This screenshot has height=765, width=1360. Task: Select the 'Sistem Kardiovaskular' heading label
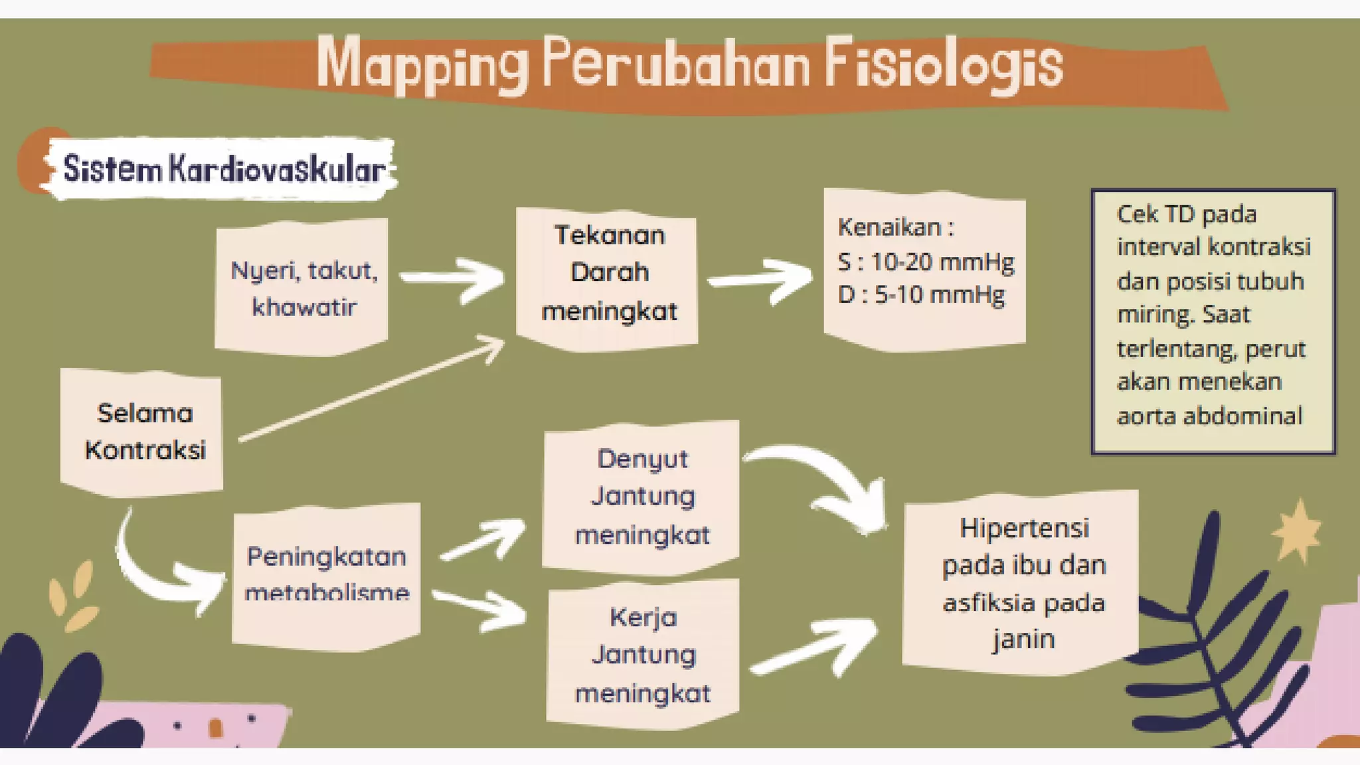pyautogui.click(x=223, y=169)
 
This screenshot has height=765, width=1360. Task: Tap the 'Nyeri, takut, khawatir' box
pyautogui.click(x=303, y=288)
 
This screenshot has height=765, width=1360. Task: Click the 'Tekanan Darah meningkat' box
pyautogui.click(x=608, y=274)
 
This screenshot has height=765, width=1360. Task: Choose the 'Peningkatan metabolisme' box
pyautogui.click(x=326, y=574)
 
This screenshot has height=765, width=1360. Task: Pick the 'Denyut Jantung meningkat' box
pyautogui.click(x=641, y=496)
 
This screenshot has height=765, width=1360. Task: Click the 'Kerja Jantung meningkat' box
pyautogui.click(x=643, y=655)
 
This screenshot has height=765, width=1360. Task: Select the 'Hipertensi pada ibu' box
pyautogui.click(x=1023, y=582)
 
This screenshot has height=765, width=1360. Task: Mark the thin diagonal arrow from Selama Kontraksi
pyautogui.click(x=372, y=388)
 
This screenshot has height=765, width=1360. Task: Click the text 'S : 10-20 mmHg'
pyautogui.click(x=926, y=262)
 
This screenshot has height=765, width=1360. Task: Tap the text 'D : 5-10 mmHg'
pyautogui.click(x=921, y=295)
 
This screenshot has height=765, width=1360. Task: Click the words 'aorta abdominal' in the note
pyautogui.click(x=1209, y=416)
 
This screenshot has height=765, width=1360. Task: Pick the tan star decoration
pyautogui.click(x=1296, y=531)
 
